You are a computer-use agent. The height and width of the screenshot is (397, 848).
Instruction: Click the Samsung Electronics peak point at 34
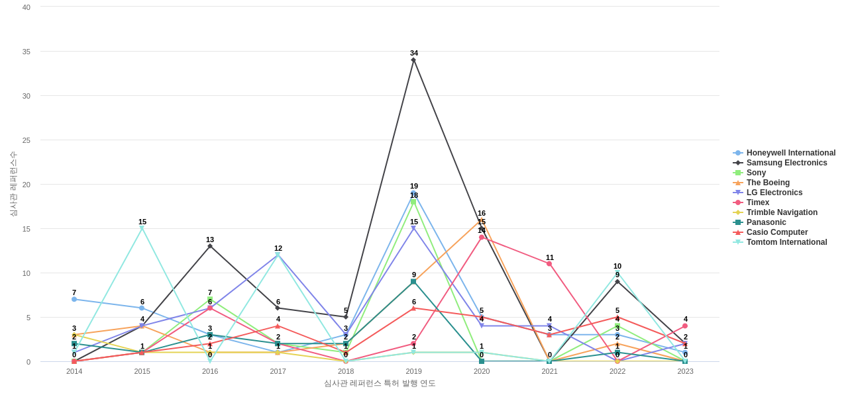coord(413,60)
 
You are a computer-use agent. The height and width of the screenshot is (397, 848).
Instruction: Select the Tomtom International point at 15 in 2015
coord(142,228)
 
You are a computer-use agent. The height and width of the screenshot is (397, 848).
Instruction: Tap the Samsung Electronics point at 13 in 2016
coord(210,246)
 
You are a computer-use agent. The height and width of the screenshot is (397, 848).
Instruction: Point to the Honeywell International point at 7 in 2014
coord(74,299)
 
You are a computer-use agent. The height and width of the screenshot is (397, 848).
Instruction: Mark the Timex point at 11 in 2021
coord(549,264)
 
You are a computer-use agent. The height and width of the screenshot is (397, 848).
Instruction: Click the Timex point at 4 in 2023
coord(685,326)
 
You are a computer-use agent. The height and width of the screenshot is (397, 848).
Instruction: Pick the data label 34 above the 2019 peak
coord(414,53)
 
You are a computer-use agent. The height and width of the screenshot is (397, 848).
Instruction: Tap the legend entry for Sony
coord(756,173)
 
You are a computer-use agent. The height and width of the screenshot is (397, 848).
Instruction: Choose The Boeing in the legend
coord(768,183)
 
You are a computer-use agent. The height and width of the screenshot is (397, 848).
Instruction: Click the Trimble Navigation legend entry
coord(782,212)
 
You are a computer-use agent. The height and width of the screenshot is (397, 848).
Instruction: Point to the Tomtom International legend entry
coord(786,242)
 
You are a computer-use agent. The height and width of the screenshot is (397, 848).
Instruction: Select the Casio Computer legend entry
coord(777,232)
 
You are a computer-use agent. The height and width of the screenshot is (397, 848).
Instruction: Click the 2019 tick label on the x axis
coord(413,371)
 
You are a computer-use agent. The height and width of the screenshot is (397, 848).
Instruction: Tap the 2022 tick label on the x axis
coord(617,371)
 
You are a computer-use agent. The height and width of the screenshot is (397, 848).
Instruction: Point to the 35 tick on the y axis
coord(26,52)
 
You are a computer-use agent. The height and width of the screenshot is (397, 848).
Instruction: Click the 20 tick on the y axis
coord(26,185)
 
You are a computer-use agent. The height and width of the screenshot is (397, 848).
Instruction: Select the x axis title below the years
coord(380,383)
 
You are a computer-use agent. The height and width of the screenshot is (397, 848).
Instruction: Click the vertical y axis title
coord(13,184)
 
